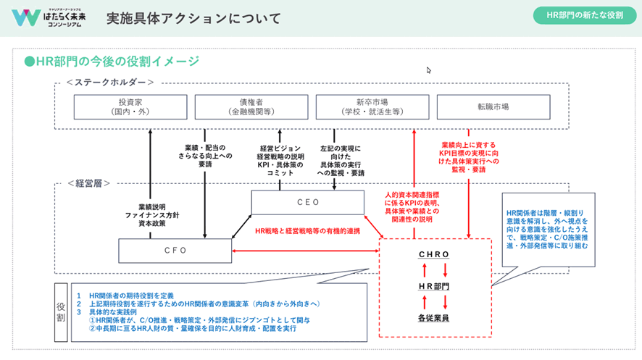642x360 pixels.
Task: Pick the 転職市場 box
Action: [493, 107]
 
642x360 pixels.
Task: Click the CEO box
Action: [308, 202]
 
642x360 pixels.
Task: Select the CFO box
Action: [175, 250]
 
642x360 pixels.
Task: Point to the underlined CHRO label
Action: [434, 255]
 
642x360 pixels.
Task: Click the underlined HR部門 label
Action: [434, 287]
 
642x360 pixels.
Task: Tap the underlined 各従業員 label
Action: [434, 318]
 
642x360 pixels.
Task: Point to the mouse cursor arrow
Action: [429, 70]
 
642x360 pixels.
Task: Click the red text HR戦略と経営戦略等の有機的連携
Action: [307, 230]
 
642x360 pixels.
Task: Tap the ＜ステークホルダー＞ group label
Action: [110, 83]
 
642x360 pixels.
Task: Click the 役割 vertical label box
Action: [62, 311]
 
